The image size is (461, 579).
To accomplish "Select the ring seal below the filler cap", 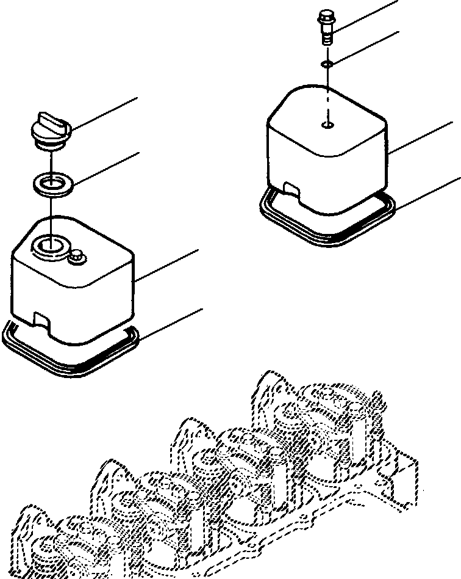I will point(52,183).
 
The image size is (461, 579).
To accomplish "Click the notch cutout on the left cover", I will point(43,319).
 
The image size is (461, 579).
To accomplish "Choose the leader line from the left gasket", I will point(171,324).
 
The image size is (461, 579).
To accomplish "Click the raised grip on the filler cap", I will point(48,118).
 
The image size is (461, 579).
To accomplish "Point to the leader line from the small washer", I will point(366,46).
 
